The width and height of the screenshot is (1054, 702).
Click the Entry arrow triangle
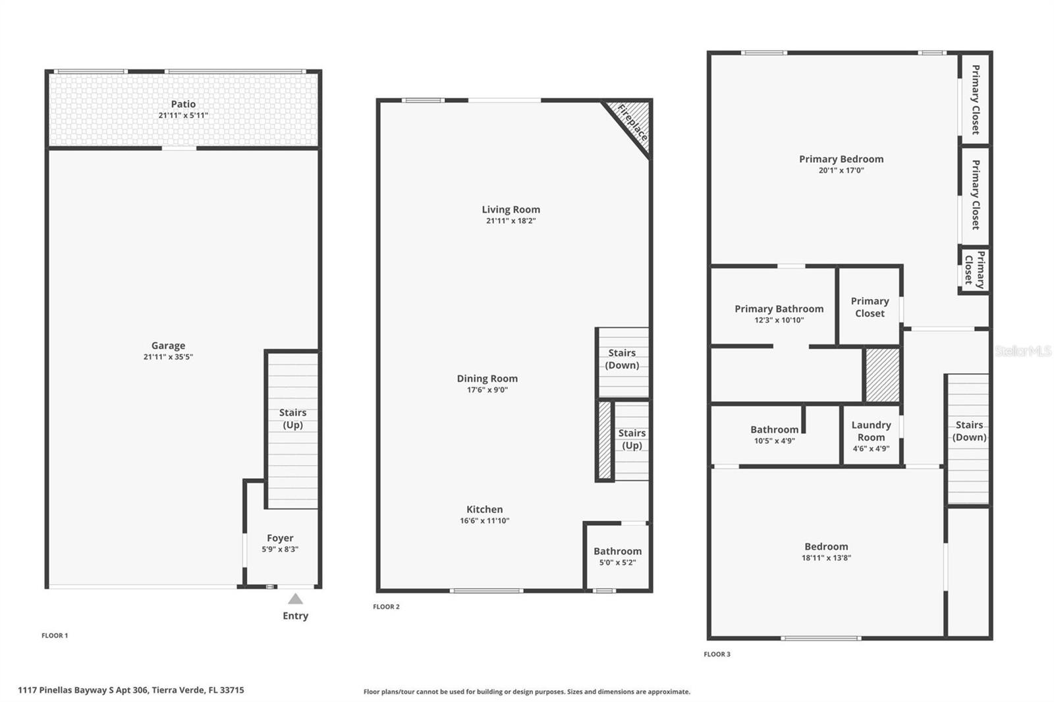tap(295, 599)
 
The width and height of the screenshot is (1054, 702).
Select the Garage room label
tap(168, 346)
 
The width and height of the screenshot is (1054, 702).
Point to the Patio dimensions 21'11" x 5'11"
tap(183, 115)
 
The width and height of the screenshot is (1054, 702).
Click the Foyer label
tap(280, 538)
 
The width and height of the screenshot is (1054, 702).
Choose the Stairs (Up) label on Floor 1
tap(292, 419)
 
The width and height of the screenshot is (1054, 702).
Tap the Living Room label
tap(511, 209)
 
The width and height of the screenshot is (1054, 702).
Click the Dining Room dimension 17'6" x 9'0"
tap(487, 390)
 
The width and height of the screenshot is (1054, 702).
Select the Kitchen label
tap(485, 509)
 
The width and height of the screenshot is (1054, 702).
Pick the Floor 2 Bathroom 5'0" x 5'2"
tap(617, 556)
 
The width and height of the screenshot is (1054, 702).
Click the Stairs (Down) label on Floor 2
tap(622, 359)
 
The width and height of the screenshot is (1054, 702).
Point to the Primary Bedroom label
tap(841, 159)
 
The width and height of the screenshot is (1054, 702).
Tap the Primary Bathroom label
tap(779, 309)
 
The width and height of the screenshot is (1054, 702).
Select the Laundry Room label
tap(871, 431)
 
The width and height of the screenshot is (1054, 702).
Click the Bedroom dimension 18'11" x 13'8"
tap(826, 558)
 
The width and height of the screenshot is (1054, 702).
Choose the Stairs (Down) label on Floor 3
tap(969, 431)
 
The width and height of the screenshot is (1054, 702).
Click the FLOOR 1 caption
tap(55, 635)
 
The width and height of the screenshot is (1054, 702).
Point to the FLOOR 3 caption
tap(717, 654)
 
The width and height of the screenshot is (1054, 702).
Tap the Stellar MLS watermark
tap(1023, 351)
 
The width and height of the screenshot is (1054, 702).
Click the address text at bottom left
tap(131, 690)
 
